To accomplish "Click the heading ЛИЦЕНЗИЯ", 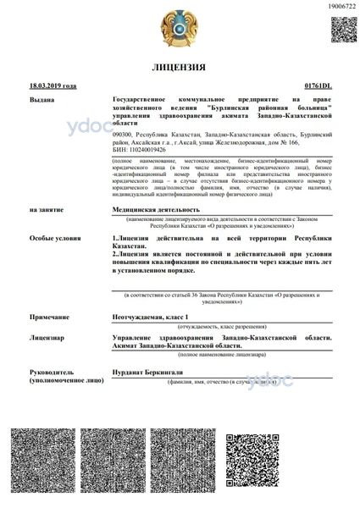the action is tap(180, 66).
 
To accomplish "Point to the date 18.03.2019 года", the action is tap(53, 86).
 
